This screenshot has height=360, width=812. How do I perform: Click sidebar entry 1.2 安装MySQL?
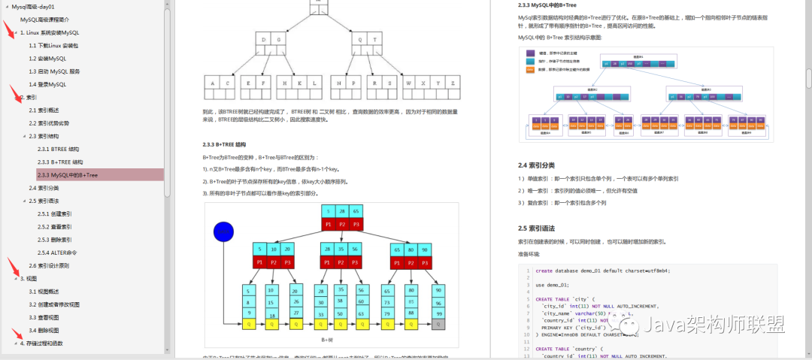(47, 58)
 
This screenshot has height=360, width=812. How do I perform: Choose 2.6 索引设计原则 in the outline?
(50, 265)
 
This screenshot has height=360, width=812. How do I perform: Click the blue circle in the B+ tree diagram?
(223, 231)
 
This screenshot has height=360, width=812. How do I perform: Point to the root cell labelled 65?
(356, 211)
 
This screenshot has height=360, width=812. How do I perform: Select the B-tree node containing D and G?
(269, 38)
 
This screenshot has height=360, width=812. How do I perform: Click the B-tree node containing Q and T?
(367, 38)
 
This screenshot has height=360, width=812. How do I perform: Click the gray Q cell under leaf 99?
(438, 325)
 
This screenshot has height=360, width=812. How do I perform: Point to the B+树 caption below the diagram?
(328, 340)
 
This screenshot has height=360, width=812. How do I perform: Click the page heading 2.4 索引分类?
(536, 165)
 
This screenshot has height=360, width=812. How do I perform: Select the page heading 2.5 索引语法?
(536, 228)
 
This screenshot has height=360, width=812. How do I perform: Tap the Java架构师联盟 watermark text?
(715, 324)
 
